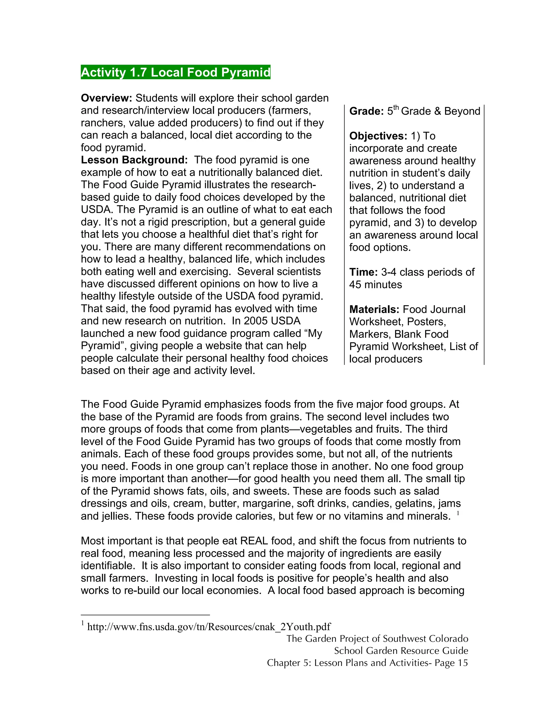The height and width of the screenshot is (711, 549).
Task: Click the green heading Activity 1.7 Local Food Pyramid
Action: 175,72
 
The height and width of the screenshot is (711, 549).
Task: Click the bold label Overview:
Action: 106,98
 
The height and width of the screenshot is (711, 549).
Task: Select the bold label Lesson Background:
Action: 134,160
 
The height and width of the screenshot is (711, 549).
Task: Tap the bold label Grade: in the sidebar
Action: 366,111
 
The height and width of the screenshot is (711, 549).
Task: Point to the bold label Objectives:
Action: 378,136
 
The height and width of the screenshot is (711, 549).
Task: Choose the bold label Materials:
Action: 374,309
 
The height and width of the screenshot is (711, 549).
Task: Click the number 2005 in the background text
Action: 256,321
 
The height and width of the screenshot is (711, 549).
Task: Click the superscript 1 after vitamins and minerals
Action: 458,513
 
